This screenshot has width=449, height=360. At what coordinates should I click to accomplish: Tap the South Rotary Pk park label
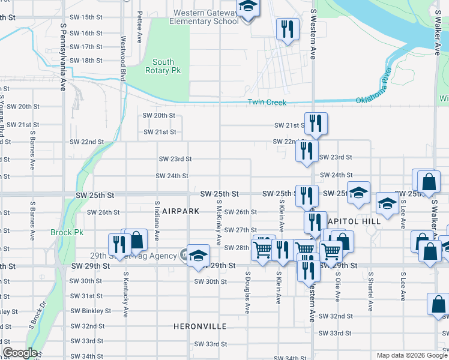click(x=163, y=66)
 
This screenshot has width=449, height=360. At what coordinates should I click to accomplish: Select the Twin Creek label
click(x=267, y=103)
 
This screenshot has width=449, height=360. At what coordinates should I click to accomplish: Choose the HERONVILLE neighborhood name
click(x=200, y=326)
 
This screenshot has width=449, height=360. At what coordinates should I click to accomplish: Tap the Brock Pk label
click(x=67, y=232)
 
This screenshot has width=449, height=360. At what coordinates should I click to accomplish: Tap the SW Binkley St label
click(x=91, y=311)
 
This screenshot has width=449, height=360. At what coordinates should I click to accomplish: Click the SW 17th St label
click(x=86, y=47)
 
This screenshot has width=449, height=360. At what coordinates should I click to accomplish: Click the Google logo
click(x=20, y=353)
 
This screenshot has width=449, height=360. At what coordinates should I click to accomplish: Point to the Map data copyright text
click(x=411, y=355)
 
